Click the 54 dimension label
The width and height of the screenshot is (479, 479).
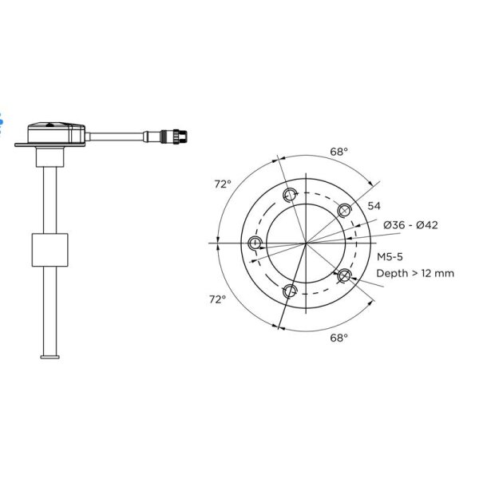pos(374,206)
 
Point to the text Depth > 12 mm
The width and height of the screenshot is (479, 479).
pos(415,273)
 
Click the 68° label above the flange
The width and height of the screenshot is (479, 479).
pos(338,150)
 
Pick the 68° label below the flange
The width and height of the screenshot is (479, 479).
pos(338,338)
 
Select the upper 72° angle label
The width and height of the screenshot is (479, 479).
pos(223,184)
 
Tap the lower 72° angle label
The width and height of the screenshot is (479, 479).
pos(217,299)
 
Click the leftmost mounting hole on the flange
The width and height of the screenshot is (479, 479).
pos(255,242)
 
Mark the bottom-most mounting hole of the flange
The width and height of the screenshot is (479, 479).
pos(291,290)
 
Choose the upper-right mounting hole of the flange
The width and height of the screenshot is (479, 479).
pos(345,209)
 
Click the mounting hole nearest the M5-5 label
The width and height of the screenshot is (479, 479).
pos(346,275)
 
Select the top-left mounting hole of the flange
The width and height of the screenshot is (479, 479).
pos(291,193)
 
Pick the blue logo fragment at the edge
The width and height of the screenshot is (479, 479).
pos(2,120)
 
